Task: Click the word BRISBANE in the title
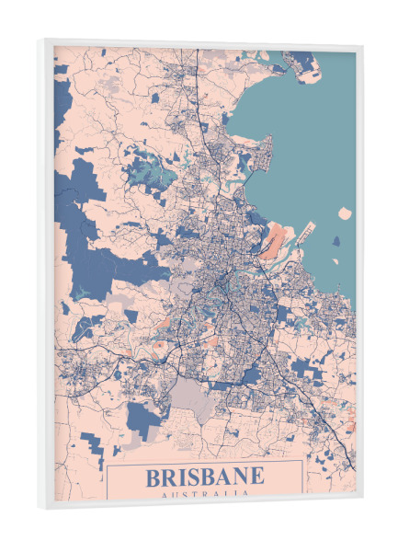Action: (x=204, y=477)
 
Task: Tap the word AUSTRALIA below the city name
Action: (x=204, y=496)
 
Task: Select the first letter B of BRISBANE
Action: (x=153, y=477)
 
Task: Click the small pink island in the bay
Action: (x=344, y=213)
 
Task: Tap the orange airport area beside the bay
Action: (x=276, y=241)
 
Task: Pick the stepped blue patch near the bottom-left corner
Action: (x=92, y=451)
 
